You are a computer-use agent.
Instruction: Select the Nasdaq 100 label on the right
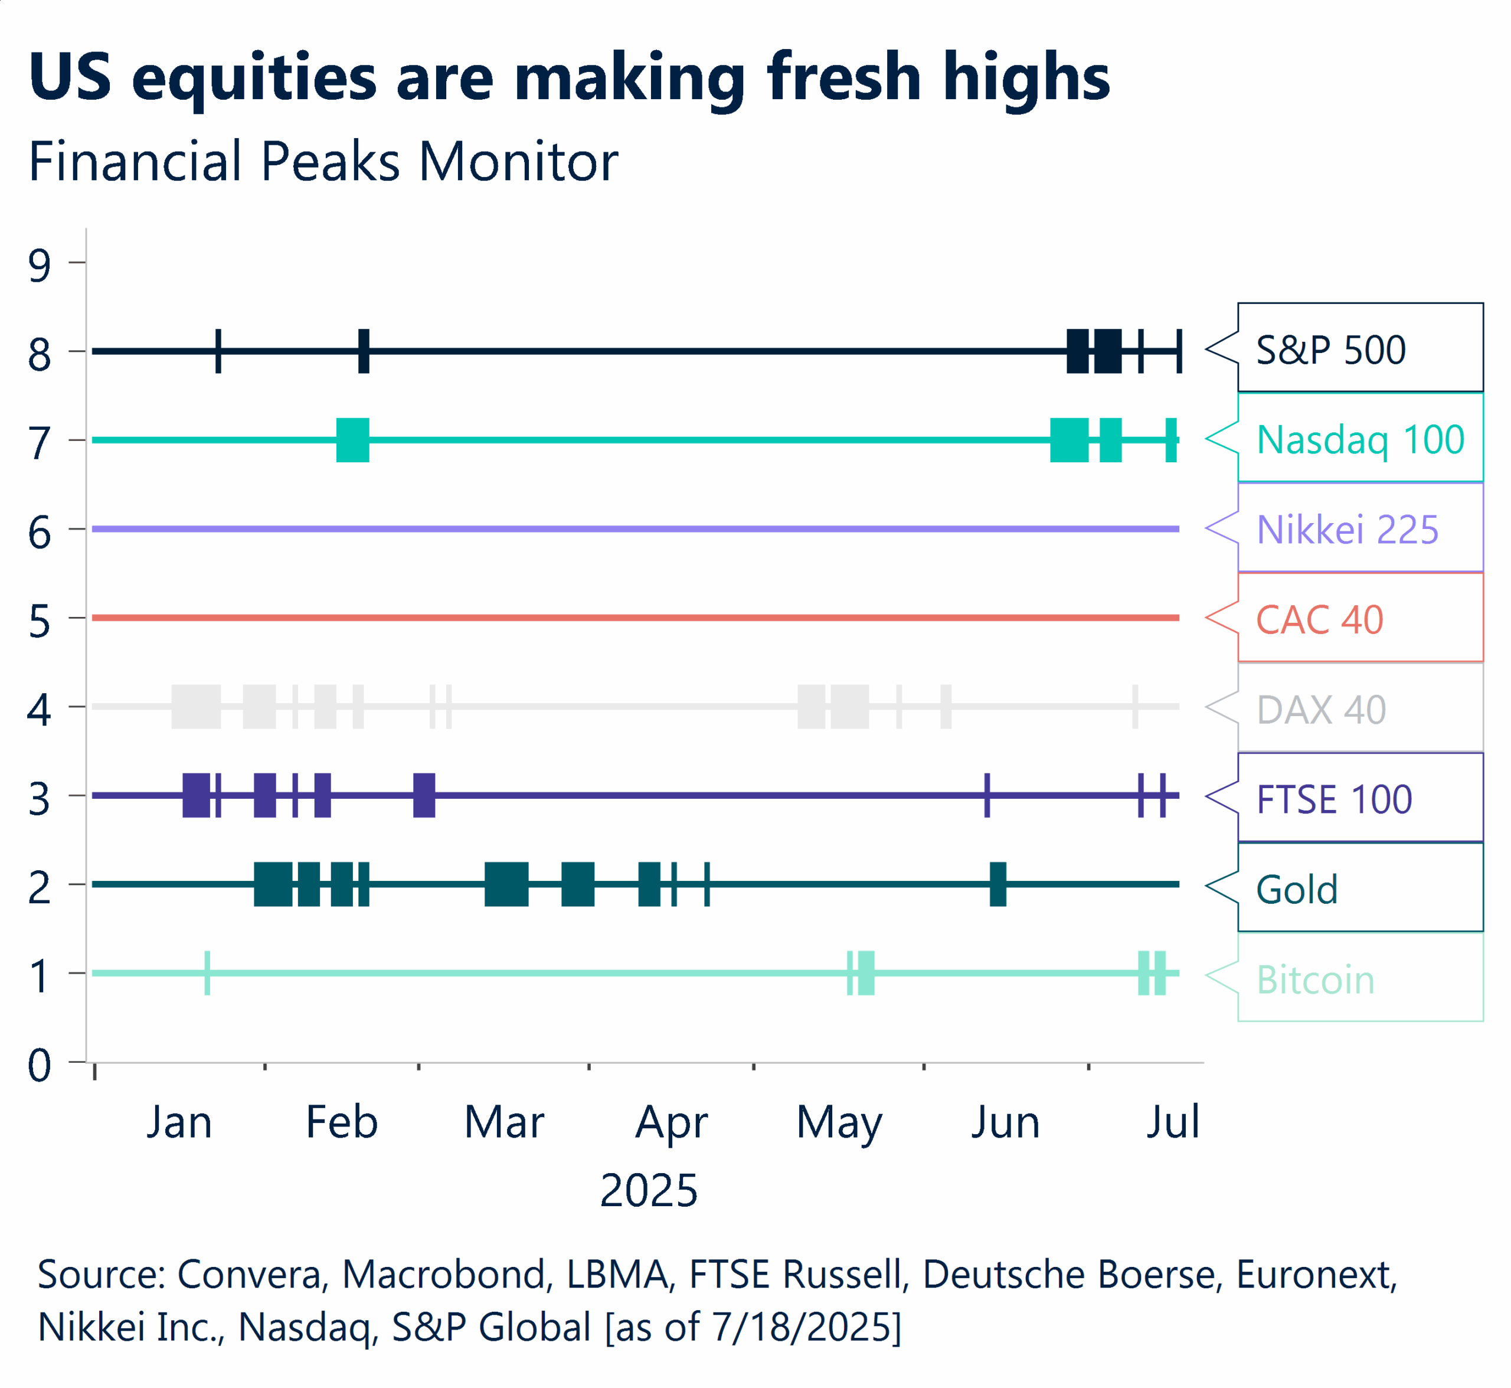pos(1359,439)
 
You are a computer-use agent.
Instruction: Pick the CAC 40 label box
pos(1359,619)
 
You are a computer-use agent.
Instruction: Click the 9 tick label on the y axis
pos(40,265)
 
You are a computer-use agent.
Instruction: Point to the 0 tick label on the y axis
pos(40,1065)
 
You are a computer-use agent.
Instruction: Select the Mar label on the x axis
pos(504,1123)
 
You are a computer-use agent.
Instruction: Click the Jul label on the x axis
pos(1172,1123)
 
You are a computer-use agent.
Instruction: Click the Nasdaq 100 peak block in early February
pos(352,439)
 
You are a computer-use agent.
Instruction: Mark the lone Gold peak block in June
pos(997,884)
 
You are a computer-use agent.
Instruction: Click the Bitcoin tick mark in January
pos(207,972)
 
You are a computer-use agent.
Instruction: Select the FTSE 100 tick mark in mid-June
pos(987,795)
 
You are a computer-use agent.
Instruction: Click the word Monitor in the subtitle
pos(518,162)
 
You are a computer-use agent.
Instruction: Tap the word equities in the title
pos(254,77)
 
